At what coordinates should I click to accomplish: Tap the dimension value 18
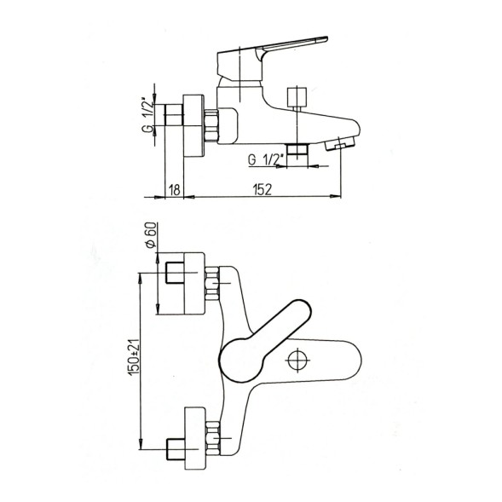click(x=175, y=189)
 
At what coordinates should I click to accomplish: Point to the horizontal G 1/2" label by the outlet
click(x=263, y=159)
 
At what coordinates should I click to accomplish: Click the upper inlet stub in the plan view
click(x=177, y=275)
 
